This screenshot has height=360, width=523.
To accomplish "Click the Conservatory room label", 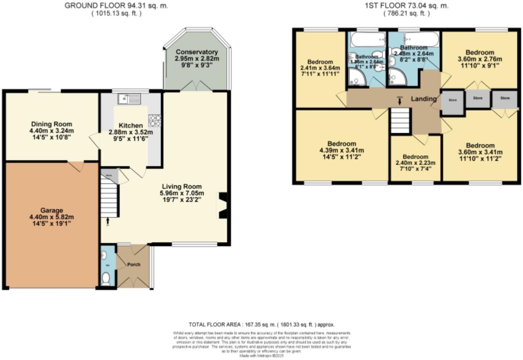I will click(x=197, y=52).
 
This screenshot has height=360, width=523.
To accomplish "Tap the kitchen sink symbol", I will click(x=129, y=98).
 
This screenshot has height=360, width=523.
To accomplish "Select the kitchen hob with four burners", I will click(x=155, y=120).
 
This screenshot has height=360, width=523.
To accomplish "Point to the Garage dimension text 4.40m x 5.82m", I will click(x=52, y=217).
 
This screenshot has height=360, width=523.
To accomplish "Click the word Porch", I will click(x=133, y=265).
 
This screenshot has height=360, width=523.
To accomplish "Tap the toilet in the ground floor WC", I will click(x=106, y=279).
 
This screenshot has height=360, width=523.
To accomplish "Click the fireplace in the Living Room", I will click(x=222, y=206).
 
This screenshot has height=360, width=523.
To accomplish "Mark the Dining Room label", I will click(x=52, y=124).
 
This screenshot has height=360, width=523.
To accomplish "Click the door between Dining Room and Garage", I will click(x=76, y=165).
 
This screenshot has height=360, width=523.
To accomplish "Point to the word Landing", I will click(x=423, y=99).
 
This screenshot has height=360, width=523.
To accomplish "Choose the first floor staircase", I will click(x=399, y=121).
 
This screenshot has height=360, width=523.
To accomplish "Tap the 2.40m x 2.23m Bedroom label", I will click(x=415, y=157).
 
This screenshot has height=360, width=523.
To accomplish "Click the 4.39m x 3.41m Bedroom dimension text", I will click(x=342, y=150).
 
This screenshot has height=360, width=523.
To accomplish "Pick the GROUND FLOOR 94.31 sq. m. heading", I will click(x=116, y=6).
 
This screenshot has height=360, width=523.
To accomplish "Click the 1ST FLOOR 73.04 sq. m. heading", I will click(x=407, y=6).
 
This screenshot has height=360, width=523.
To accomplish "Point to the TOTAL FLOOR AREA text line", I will click(x=261, y=324).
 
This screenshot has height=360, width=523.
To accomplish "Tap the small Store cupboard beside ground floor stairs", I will click(x=109, y=176).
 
